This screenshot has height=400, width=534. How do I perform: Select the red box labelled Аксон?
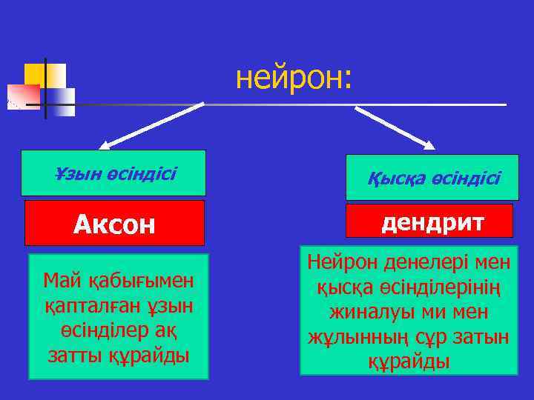click(x=114, y=223)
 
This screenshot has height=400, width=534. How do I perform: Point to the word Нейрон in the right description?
click(x=340, y=262)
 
